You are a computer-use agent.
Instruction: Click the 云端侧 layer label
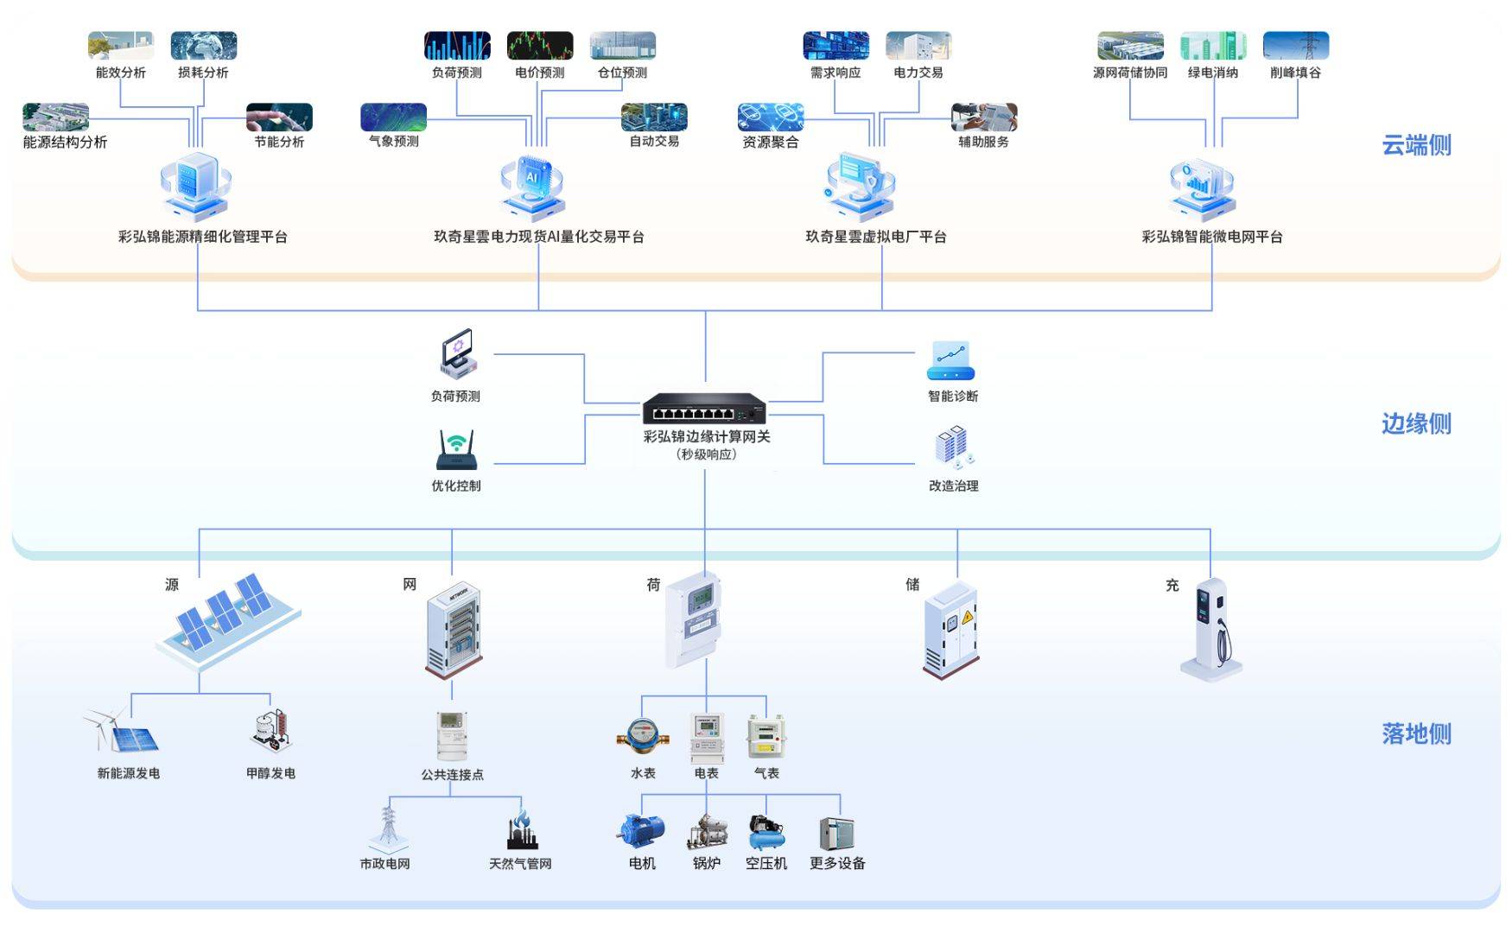coord(1416,145)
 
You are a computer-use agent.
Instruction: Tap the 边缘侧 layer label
coord(1416,423)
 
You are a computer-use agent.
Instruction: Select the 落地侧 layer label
coord(1416,733)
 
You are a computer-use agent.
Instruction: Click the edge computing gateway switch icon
coord(704,409)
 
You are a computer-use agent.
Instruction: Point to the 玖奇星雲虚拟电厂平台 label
coord(876,237)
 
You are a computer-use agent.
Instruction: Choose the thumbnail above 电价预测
coord(540,46)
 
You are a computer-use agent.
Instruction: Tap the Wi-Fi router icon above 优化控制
coord(456,450)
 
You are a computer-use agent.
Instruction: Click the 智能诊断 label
coord(953,396)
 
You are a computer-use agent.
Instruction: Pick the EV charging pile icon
coord(1211,628)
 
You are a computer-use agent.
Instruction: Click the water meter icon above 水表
coord(642,735)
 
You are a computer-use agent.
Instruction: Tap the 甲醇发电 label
coord(270,773)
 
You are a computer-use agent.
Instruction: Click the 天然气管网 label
coord(520,863)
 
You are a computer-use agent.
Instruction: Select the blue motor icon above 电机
coord(641,832)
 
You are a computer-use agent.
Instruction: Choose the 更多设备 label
coord(837,863)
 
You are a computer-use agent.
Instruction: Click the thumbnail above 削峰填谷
coord(1295,46)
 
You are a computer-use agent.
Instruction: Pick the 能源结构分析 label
coord(65,142)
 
